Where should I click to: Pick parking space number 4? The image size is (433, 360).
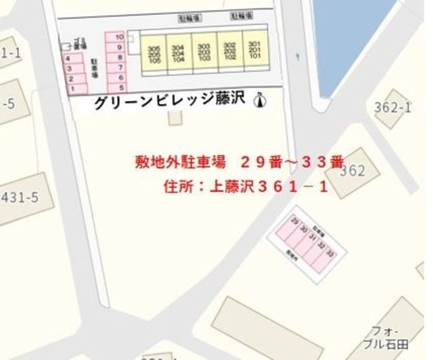pos(73,58)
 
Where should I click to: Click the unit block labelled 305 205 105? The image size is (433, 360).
pos(153,54)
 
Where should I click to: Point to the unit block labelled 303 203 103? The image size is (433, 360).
pos(204,52)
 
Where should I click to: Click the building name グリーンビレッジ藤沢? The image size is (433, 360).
pos(170,102)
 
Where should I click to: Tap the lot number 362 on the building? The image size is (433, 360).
pos(352,171)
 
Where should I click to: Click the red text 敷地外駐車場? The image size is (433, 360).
pos(179,162)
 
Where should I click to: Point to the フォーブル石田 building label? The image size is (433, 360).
pos(389,336)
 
